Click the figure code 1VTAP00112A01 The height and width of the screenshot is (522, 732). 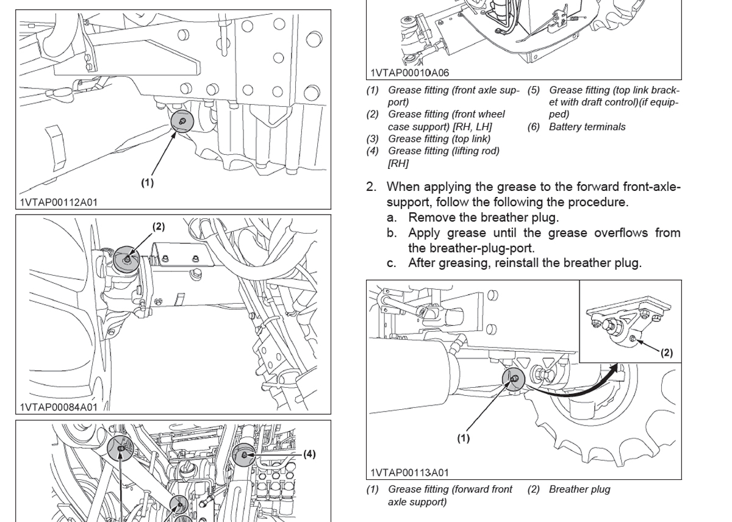tap(59, 202)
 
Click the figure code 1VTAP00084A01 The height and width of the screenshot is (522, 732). tap(59, 407)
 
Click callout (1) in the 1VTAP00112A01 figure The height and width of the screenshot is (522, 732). tap(147, 182)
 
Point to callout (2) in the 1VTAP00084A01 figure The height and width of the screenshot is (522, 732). tap(159, 226)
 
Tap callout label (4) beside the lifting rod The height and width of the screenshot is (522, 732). tap(309, 454)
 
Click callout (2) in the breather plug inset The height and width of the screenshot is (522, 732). tap(667, 352)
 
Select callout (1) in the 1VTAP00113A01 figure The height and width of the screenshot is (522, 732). tap(464, 438)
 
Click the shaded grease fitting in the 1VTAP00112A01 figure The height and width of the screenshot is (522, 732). tap(182, 121)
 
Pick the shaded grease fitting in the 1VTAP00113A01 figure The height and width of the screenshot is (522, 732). tap(513, 379)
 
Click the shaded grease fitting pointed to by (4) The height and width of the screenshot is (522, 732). tap(243, 455)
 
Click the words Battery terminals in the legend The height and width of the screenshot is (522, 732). tap(587, 127)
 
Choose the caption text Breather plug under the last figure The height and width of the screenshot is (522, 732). tap(579, 489)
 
